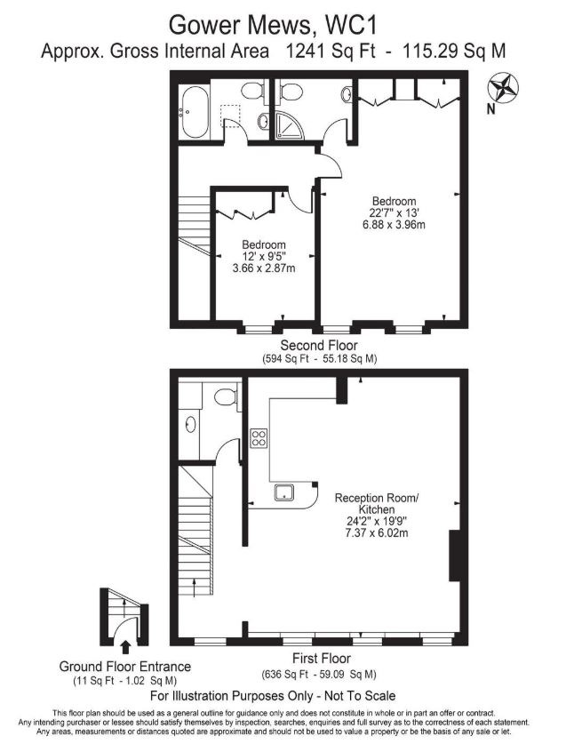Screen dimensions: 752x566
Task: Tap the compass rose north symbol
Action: pyautogui.click(x=503, y=90)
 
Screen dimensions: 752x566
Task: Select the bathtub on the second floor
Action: pyautogui.click(x=194, y=113)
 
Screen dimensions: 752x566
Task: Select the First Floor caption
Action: pyautogui.click(x=319, y=660)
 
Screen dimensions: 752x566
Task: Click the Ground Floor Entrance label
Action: pyautogui.click(x=124, y=667)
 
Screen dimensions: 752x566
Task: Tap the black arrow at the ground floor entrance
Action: pyautogui.click(x=125, y=646)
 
